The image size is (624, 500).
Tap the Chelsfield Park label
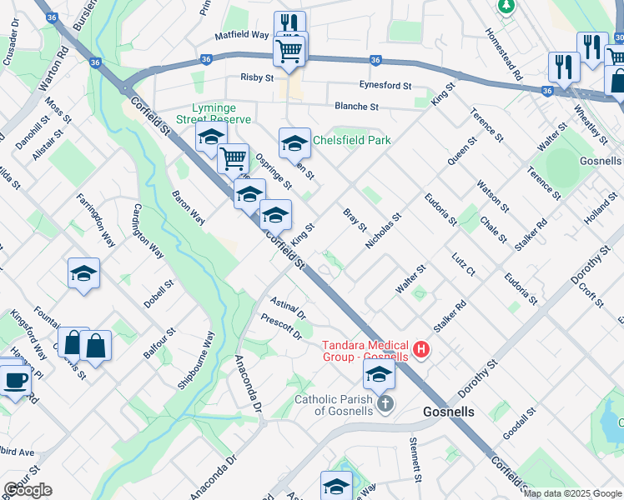pyautogui.click(x=351, y=140)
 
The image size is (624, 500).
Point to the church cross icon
pyautogui.click(x=385, y=404)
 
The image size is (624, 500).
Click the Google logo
pyautogui.click(x=28, y=490)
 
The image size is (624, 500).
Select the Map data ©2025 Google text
pyautogui.click(x=572, y=493)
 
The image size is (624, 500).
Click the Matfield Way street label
pyautogui.click(x=241, y=36)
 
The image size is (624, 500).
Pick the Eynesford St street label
pyautogui.click(x=385, y=86)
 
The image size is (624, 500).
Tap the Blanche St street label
pyautogui.click(x=356, y=107)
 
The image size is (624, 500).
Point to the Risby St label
pyautogui.click(x=257, y=77)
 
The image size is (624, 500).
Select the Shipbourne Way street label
pyautogui.click(x=196, y=360)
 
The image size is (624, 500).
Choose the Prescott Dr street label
pyautogui.click(x=280, y=327)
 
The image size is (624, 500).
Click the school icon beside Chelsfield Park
pyautogui.click(x=294, y=143)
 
